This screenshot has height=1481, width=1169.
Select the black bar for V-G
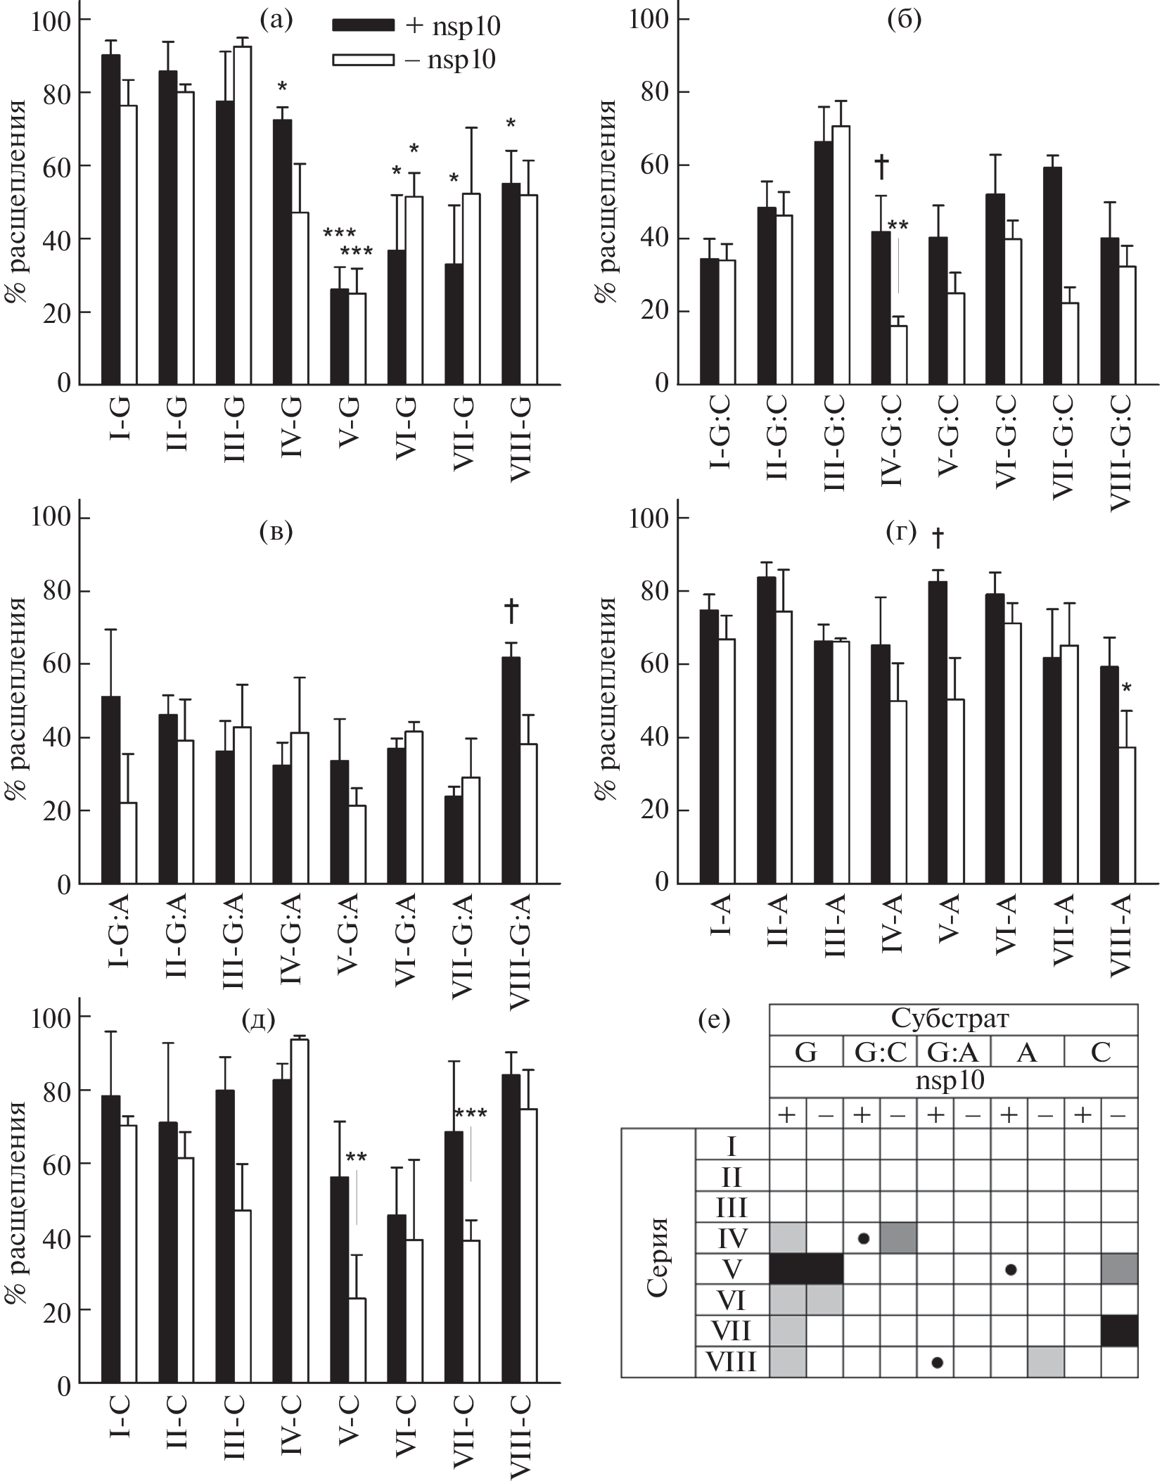[x=339, y=337]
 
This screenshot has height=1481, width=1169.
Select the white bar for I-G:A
[x=128, y=843]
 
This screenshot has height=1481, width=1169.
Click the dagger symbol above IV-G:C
[x=881, y=167]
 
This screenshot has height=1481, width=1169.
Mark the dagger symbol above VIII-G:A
[x=511, y=613]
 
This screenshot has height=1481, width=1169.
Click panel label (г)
[x=902, y=533]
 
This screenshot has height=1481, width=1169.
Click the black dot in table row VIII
[x=936, y=1362]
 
